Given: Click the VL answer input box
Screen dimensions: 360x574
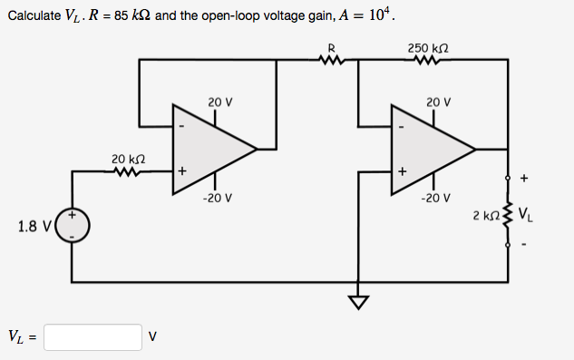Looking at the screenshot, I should tap(92, 337).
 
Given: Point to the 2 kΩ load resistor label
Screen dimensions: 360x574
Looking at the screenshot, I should tap(485, 217).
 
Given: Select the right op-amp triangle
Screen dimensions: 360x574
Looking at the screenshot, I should tap(427, 147).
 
